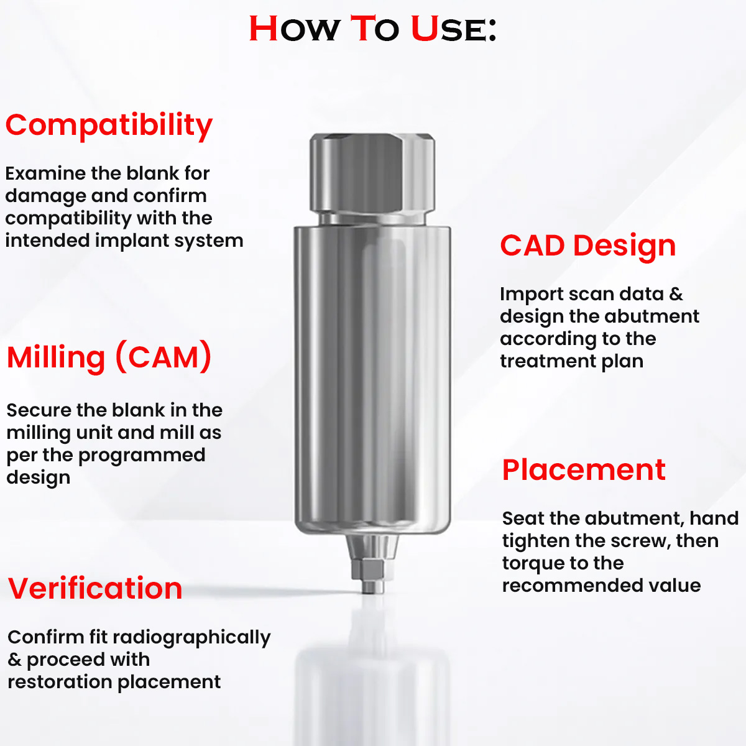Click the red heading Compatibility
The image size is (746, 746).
coord(109,126)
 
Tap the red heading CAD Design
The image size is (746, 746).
coord(587,246)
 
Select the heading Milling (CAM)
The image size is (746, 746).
coord(109,358)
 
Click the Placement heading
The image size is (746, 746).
coord(583,470)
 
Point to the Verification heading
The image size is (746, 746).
coord(95,589)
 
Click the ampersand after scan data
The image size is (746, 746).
coord(676,294)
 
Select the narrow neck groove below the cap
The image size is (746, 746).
coord(372,219)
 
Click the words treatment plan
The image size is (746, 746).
coord(571,361)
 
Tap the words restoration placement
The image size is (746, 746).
coord(114,682)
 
